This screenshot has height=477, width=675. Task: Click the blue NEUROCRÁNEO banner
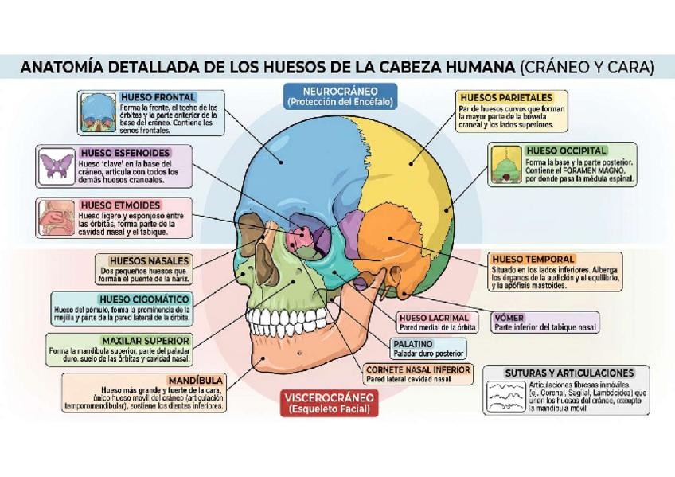tap(340, 96)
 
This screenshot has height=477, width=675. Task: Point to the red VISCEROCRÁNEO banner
tap(329, 404)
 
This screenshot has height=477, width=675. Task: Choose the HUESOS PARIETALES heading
tap(505, 97)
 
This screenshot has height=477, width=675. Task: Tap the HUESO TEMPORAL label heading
tap(533, 260)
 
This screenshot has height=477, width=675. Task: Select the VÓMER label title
tap(509, 317)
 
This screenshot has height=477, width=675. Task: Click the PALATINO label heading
tap(412, 344)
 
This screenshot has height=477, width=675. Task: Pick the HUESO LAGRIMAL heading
tap(434, 317)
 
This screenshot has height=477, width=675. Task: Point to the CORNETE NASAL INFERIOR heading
tap(417, 370)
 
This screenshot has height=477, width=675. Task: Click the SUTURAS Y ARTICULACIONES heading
tap(569, 373)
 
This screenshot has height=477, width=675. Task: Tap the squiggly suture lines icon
tap(507, 395)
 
